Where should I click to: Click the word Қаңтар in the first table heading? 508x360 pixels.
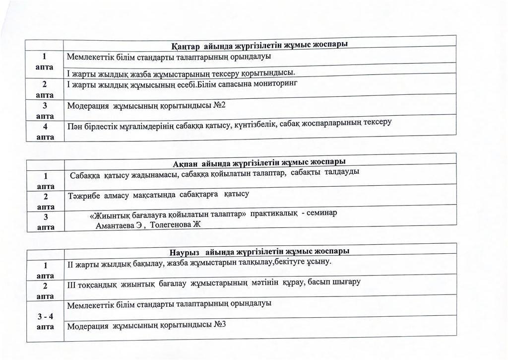[x=186, y=47]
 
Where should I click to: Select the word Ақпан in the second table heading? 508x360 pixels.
[x=186, y=164]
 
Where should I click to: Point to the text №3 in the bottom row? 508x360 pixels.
[x=220, y=325]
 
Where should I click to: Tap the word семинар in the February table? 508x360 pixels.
[x=322, y=213]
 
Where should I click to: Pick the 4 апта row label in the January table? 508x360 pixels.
[x=45, y=132]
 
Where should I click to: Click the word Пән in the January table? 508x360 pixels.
[x=75, y=126]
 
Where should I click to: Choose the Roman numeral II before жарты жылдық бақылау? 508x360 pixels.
[x=70, y=263]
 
